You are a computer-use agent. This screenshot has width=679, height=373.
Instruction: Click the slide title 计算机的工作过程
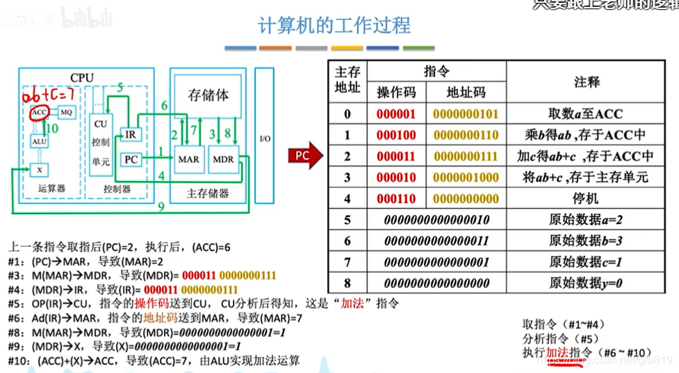(334, 26)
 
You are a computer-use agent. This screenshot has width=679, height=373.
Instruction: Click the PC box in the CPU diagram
(131, 159)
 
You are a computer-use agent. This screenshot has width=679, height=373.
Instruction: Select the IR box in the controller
(131, 134)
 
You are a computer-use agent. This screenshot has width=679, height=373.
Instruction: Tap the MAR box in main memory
(188, 159)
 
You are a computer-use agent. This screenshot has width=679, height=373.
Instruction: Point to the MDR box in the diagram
(223, 159)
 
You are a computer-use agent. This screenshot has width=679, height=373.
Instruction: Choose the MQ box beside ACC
(65, 112)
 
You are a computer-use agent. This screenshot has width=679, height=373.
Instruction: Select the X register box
(40, 170)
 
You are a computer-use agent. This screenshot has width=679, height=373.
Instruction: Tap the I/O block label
(265, 138)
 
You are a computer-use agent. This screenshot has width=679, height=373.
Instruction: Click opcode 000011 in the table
(397, 157)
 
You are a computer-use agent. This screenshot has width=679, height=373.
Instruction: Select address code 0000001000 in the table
(466, 177)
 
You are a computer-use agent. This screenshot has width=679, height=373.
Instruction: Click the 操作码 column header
(396, 93)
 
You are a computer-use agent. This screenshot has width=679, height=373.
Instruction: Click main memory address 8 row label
(347, 284)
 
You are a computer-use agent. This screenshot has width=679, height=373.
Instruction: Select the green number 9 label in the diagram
(161, 206)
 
